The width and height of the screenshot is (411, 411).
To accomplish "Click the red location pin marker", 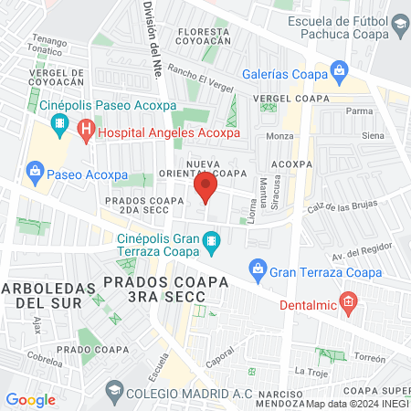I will coord(205,189).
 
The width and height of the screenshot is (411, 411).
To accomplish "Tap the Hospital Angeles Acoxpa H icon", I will coord(85,130).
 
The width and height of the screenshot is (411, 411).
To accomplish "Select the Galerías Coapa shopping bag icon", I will coord(339,69).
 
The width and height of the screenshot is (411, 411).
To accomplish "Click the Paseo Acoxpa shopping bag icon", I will coord(36,169).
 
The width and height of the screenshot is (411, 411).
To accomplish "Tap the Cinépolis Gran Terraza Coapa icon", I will coord(212,243).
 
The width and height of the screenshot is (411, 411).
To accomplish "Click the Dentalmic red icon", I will coord(347,300).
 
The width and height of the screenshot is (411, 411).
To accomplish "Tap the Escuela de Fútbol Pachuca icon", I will coord(400,21).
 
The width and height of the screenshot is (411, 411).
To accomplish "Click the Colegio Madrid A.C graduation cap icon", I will coord(114,393).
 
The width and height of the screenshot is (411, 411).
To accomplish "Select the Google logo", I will coord(30,399).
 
